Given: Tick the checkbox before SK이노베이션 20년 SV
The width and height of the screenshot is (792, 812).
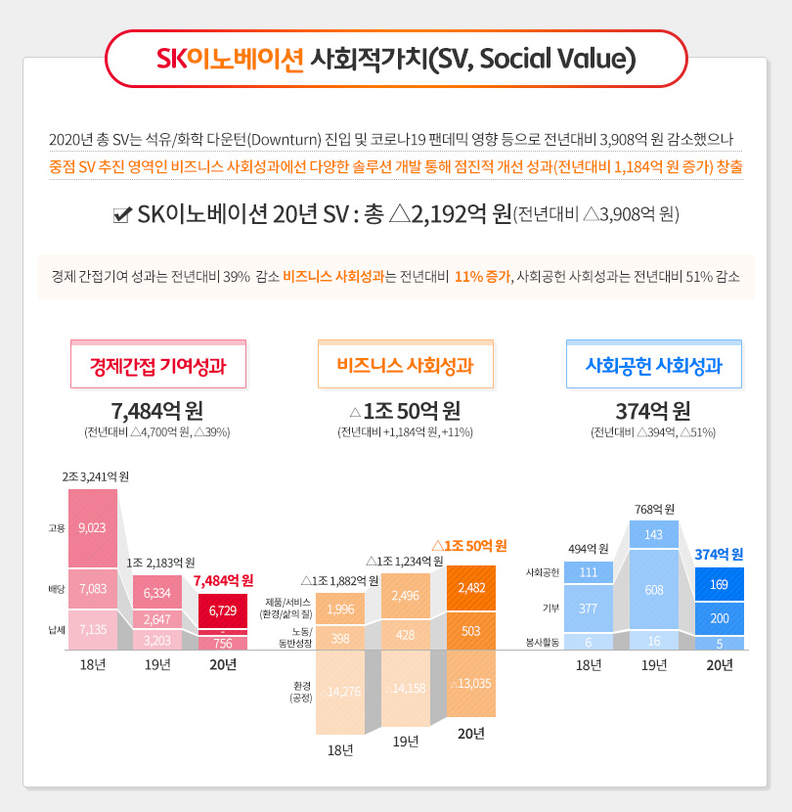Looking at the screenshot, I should pyautogui.click(x=123, y=214).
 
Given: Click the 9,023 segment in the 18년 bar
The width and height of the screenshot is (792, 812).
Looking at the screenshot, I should pyautogui.click(x=93, y=527).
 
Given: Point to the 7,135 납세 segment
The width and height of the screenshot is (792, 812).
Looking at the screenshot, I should pyautogui.click(x=93, y=630).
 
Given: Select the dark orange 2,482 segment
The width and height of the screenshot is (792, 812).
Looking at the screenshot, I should pyautogui.click(x=470, y=587).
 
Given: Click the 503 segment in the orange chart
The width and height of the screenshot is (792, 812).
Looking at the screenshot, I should pyautogui.click(x=470, y=631).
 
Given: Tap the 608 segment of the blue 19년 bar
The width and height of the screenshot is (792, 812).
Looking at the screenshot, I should pyautogui.click(x=654, y=590).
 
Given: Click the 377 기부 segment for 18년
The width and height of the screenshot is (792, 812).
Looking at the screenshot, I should pyautogui.click(x=589, y=608).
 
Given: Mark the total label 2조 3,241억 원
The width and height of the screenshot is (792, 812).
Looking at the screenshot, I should pyautogui.click(x=96, y=477).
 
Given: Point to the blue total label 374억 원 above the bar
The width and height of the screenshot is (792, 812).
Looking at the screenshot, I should pyautogui.click(x=720, y=554).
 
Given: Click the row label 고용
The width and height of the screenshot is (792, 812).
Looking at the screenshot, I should pyautogui.click(x=56, y=528).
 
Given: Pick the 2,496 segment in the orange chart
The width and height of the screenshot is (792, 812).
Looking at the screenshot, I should pyautogui.click(x=405, y=594).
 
